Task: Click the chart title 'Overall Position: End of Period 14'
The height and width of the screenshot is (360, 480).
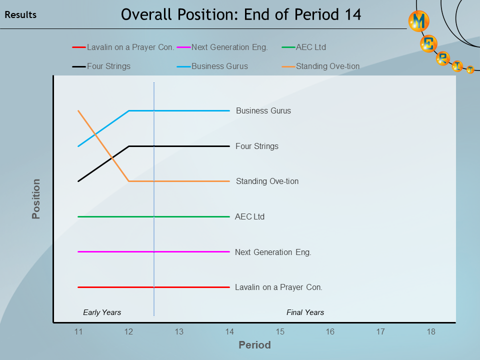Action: point(240,14)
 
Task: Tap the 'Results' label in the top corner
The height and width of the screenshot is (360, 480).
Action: point(20,15)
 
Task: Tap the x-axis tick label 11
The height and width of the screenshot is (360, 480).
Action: point(78,332)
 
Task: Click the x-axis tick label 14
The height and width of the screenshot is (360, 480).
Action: point(229,332)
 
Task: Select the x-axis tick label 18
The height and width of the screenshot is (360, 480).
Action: point(431,332)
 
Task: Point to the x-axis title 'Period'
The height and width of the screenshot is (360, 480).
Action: point(254,345)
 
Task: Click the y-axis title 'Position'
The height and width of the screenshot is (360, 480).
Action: point(36,199)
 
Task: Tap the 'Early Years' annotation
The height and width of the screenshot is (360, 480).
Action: point(102,312)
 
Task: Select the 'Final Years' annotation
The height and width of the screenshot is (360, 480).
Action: point(305,312)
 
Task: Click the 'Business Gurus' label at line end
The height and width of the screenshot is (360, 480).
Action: point(263,110)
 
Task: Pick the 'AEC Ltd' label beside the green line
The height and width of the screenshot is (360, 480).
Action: point(249,217)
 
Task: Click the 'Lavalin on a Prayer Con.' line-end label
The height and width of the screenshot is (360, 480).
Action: point(278,287)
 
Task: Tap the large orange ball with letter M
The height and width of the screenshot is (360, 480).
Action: point(419,21)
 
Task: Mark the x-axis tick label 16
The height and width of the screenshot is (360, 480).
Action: point(330,332)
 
